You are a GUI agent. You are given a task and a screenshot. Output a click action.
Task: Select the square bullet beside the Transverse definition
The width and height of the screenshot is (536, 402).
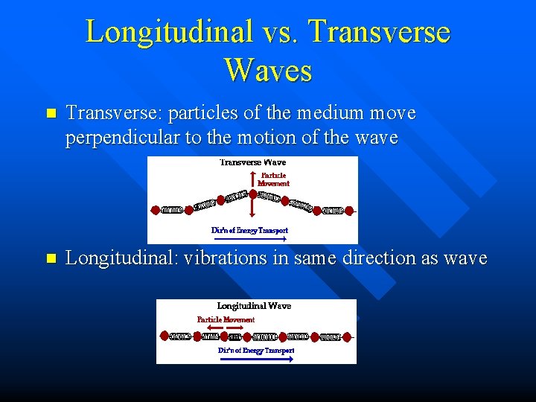[51, 115]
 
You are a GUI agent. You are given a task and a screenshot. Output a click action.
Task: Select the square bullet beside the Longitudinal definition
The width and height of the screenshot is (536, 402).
[51, 259]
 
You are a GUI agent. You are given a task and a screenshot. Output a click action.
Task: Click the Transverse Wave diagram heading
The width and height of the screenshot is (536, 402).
[252, 162]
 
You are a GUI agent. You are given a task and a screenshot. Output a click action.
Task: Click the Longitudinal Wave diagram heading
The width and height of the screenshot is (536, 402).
[254, 306]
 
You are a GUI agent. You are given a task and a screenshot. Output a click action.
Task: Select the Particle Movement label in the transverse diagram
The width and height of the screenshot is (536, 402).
[273, 179]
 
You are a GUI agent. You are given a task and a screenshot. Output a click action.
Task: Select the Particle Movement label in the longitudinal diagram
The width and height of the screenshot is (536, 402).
[226, 319]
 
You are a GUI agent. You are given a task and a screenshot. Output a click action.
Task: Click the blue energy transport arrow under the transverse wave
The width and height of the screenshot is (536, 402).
[249, 240]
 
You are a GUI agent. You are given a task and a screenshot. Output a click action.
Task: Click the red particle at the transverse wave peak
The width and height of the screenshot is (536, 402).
[253, 194]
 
